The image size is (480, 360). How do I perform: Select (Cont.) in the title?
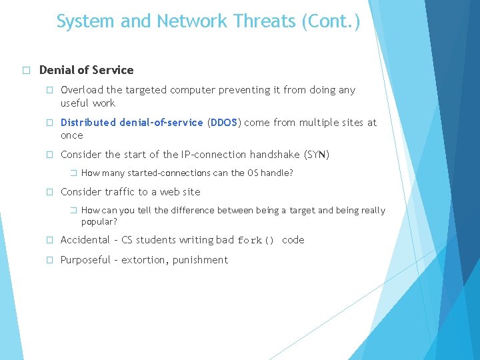click(331, 22)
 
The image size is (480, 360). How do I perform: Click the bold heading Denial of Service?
click(86, 70)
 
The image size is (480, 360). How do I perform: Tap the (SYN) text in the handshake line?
click(317, 155)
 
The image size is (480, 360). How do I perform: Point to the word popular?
click(99, 221)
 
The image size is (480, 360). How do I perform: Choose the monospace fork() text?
click(256, 241)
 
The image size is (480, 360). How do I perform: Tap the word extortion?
click(145, 260)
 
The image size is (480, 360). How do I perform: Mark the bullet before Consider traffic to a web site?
click(49, 192)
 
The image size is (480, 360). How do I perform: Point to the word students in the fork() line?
click(158, 240)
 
